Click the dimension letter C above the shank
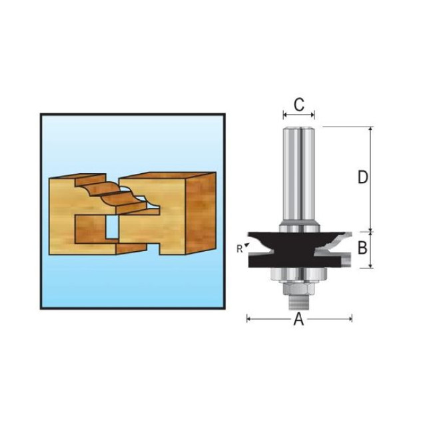coord(299,105)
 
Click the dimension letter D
coord(363,177)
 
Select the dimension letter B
coord(362,247)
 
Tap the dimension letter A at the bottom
coord(299,319)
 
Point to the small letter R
coord(239,249)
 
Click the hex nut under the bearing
coord(298,289)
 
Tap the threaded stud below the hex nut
coord(298,302)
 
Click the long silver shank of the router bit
coord(299,177)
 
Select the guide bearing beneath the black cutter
coord(298,274)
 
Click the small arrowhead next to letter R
coord(247,244)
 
